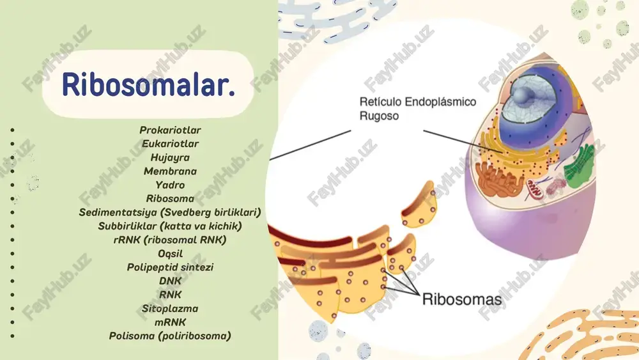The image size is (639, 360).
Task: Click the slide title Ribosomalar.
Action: pyautogui.click(x=148, y=84)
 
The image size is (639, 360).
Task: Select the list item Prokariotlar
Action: pyautogui.click(x=170, y=130)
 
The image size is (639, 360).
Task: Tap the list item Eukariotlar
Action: pyautogui.click(x=170, y=143)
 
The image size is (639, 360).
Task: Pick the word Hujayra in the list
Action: pyautogui.click(x=170, y=157)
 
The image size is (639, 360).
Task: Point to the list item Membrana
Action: pyautogui.click(x=170, y=171)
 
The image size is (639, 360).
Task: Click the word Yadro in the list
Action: pyautogui.click(x=170, y=185)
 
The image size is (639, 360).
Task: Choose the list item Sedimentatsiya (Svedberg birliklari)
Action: pyautogui.click(x=170, y=212)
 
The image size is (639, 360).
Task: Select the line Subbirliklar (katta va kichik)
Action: pyautogui.click(x=170, y=226)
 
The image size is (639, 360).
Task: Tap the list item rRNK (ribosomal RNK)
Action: pyautogui.click(x=170, y=240)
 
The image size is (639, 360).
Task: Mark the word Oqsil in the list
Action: pyautogui.click(x=170, y=254)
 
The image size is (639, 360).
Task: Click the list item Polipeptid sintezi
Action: pyautogui.click(x=170, y=267)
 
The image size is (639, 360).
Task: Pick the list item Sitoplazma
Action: pyautogui.click(x=170, y=309)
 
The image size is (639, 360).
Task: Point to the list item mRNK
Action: pyautogui.click(x=170, y=322)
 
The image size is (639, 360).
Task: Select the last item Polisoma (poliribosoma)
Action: pyautogui.click(x=170, y=336)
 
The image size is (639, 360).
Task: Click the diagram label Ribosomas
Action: pyautogui.click(x=462, y=299)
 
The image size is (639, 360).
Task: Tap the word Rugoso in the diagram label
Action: pyautogui.click(x=379, y=116)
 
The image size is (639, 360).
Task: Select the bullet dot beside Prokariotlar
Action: pyautogui.click(x=13, y=130)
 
